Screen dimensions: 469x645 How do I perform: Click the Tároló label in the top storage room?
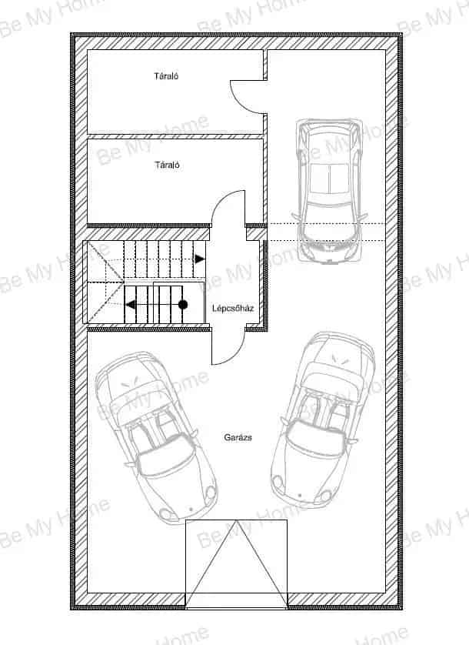166,76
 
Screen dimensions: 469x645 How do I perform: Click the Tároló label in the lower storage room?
167,165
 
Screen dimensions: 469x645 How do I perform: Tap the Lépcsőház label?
233,309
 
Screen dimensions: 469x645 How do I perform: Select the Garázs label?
238,437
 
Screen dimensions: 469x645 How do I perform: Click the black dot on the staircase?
183,305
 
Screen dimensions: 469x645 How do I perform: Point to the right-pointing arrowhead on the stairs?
200,259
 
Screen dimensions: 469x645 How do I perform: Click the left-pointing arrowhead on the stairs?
130,305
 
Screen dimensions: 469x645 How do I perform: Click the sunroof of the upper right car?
329,179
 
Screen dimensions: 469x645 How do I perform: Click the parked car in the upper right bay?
329,192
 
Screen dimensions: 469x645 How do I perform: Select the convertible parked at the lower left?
155,437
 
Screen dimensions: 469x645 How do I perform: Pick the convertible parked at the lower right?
322,419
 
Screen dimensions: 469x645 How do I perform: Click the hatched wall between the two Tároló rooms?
175,136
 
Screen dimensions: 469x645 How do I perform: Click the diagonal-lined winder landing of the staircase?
104,282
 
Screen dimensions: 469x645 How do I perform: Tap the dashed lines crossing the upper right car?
326,232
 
